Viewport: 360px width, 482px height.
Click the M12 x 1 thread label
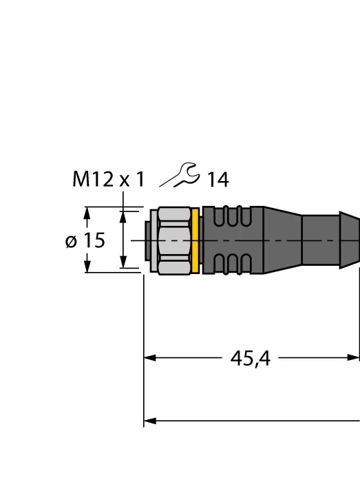pyautogui.click(x=108, y=179)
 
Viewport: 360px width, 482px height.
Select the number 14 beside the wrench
pyautogui.click(x=218, y=180)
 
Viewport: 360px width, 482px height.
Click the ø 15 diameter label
pyautogui.click(x=85, y=240)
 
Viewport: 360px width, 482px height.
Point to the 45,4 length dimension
pyautogui.click(x=251, y=358)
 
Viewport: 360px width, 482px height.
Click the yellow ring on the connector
pyautogui.click(x=195, y=240)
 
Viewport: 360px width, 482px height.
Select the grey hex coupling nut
pyautogui.click(x=174, y=241)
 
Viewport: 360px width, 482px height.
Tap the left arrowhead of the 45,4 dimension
pyautogui.click(x=150, y=358)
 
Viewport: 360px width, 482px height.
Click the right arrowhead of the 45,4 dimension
pyautogui.click(x=353, y=357)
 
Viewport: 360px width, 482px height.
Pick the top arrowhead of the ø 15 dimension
pyautogui.click(x=87, y=213)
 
